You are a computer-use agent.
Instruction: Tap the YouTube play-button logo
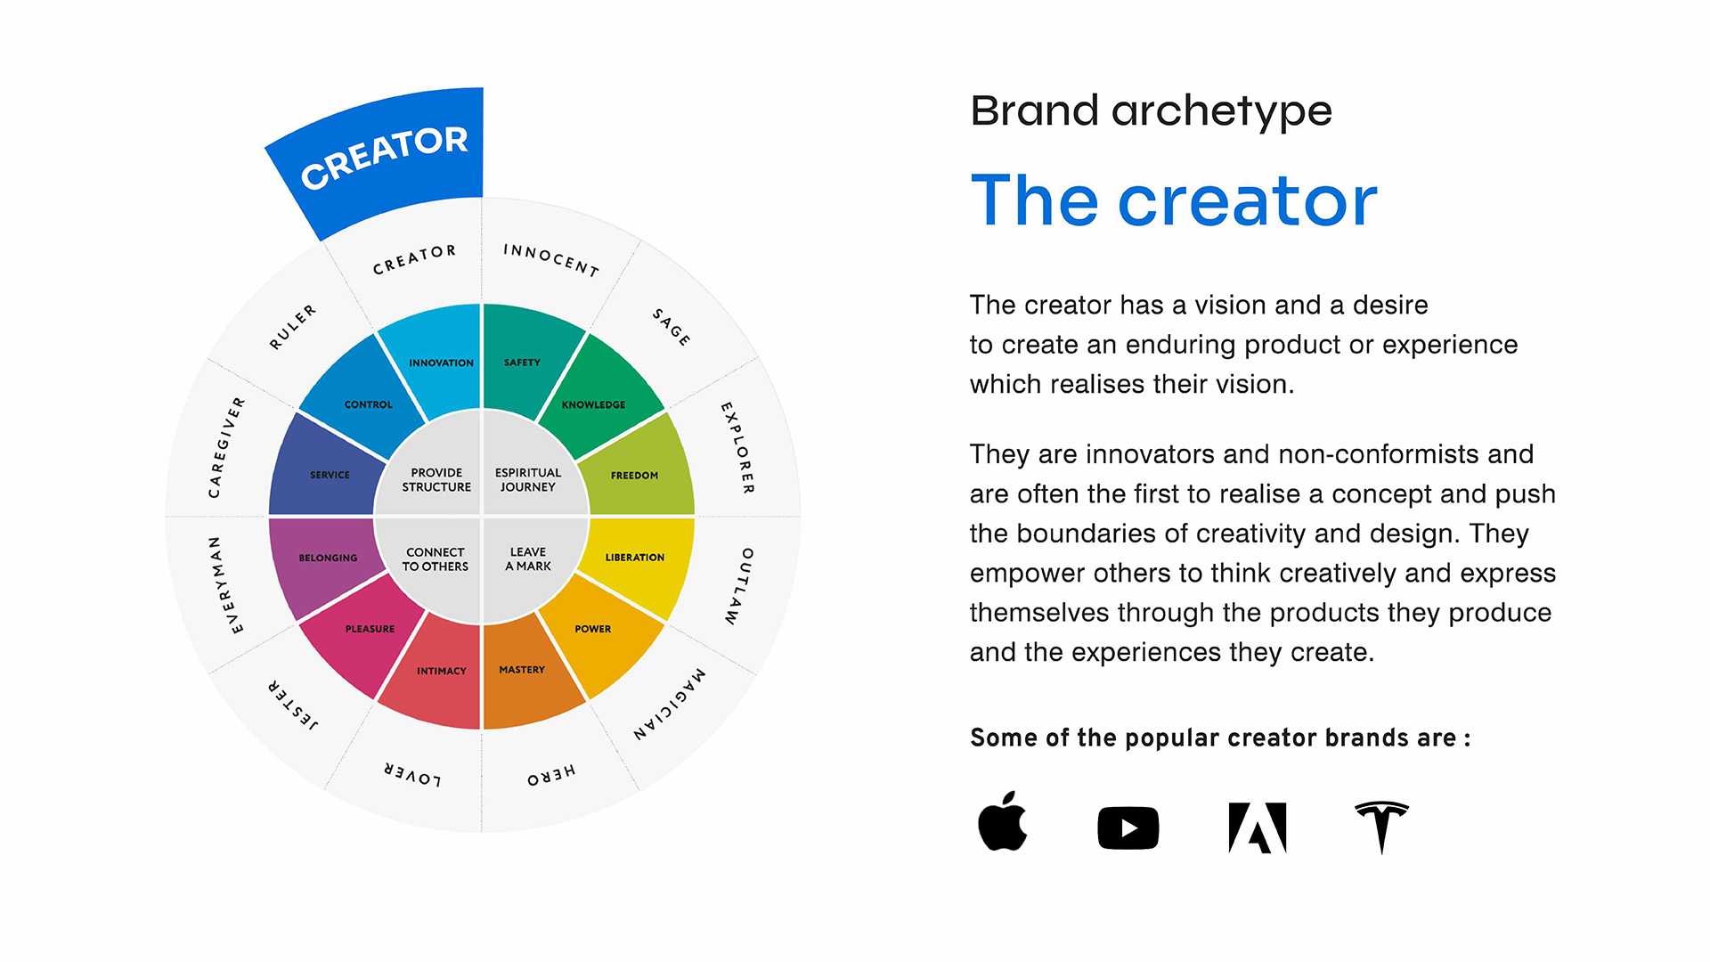pos(1128,828)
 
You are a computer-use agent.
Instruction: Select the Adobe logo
pos(1257,828)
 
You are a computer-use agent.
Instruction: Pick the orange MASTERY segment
pos(525,673)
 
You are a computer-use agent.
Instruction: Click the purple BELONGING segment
pos(326,559)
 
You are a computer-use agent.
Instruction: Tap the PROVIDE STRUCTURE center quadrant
pos(435,479)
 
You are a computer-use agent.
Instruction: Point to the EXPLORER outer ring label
pos(737,448)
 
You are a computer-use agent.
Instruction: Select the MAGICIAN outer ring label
pos(670,704)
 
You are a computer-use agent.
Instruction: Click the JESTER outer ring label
pos(293,705)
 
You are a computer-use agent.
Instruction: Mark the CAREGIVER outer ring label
pos(226,447)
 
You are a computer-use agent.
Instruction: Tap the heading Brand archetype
pos(1151,111)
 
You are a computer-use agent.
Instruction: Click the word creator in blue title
pos(1247,201)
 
